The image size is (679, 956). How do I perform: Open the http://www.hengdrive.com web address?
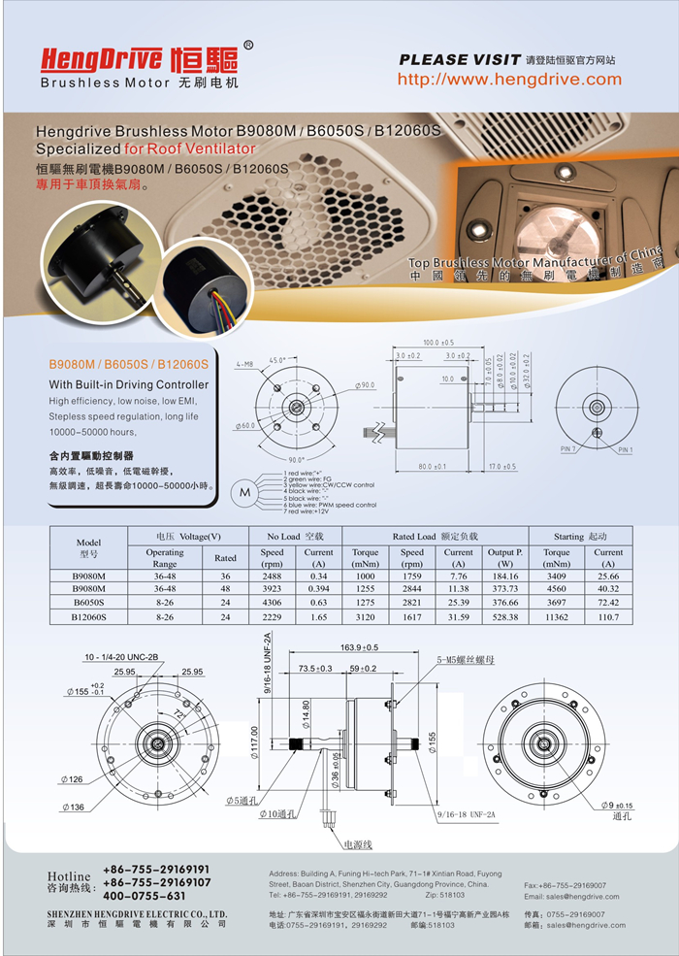coord(509,80)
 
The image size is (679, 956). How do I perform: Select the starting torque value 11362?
coord(557,615)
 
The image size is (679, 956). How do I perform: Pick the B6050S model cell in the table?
coord(88,602)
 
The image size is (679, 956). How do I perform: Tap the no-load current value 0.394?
coord(318,588)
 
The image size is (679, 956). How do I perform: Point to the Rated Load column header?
coord(435,536)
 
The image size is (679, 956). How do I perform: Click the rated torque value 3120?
coord(366,615)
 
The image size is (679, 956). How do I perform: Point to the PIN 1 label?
coord(624,450)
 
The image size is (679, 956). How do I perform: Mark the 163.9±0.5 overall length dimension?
coord(359,646)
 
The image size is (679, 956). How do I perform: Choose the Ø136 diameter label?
coord(74,807)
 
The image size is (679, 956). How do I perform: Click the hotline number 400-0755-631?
coord(143,896)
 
